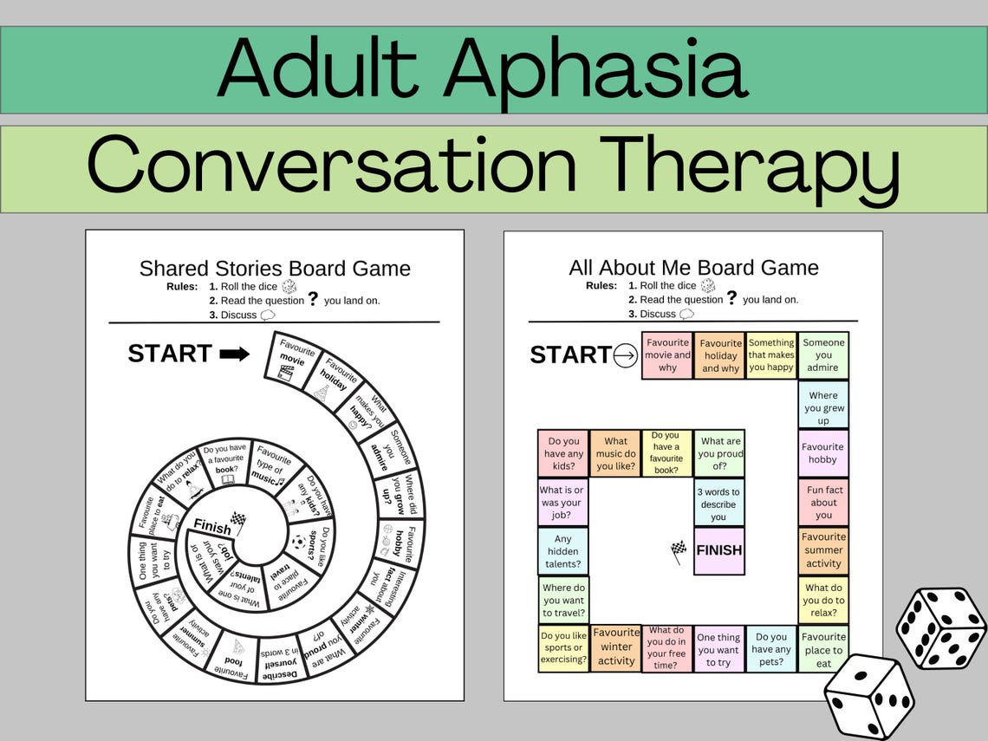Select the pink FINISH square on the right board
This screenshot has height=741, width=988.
(x=718, y=550)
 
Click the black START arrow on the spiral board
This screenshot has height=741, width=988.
(x=234, y=354)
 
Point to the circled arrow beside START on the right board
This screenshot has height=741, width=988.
(x=625, y=355)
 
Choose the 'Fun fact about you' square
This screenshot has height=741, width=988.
(x=823, y=503)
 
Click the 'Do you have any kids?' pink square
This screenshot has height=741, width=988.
(x=563, y=453)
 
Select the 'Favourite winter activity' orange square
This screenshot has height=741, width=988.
(x=616, y=647)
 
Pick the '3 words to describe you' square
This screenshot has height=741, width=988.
(x=718, y=504)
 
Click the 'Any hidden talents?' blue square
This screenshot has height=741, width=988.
(x=563, y=551)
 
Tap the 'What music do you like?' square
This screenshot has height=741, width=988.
(x=615, y=453)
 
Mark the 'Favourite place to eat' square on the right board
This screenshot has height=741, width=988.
(x=823, y=649)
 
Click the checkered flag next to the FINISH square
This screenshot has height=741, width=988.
(x=679, y=551)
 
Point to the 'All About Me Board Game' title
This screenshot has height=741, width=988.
(x=693, y=267)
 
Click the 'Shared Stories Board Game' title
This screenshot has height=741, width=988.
(x=275, y=268)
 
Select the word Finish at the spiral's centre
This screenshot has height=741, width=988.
(x=211, y=527)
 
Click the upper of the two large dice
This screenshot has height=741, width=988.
(x=941, y=627)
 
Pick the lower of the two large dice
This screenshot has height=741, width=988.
(x=868, y=697)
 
